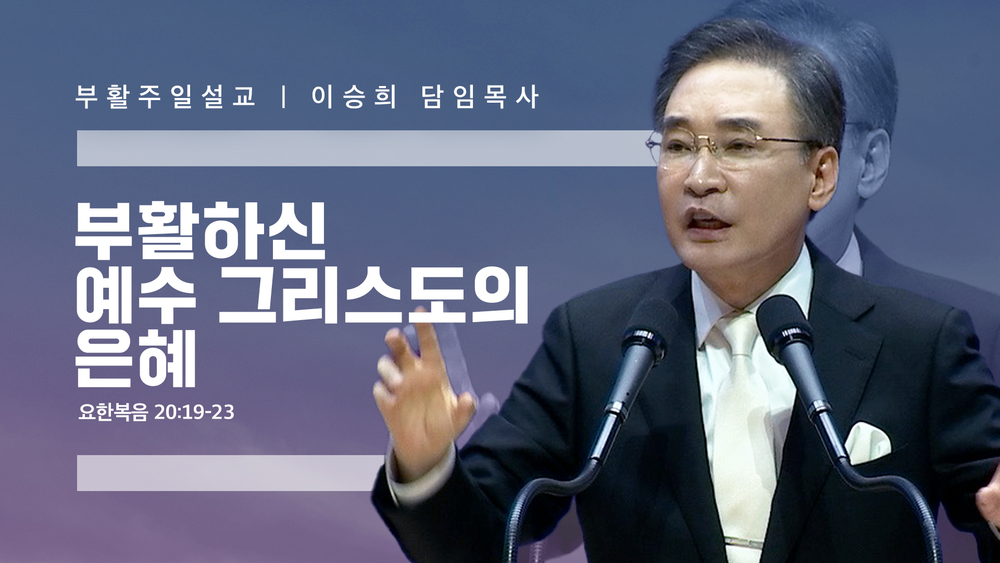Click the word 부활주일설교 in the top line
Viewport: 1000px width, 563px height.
point(166,97)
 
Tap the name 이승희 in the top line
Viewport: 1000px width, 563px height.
point(355,97)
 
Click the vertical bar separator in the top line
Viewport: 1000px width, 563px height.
point(284,97)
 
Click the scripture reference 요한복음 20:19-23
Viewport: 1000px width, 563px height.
point(156,412)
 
